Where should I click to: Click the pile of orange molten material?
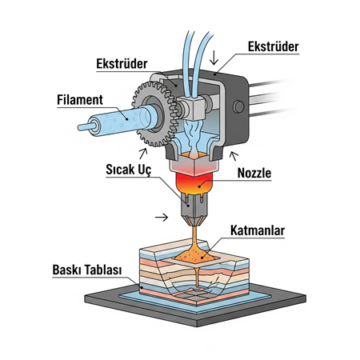pyautogui.click(x=197, y=254)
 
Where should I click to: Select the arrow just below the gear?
pyautogui.click(x=143, y=151)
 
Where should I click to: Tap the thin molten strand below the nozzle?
pyautogui.click(x=194, y=240)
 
